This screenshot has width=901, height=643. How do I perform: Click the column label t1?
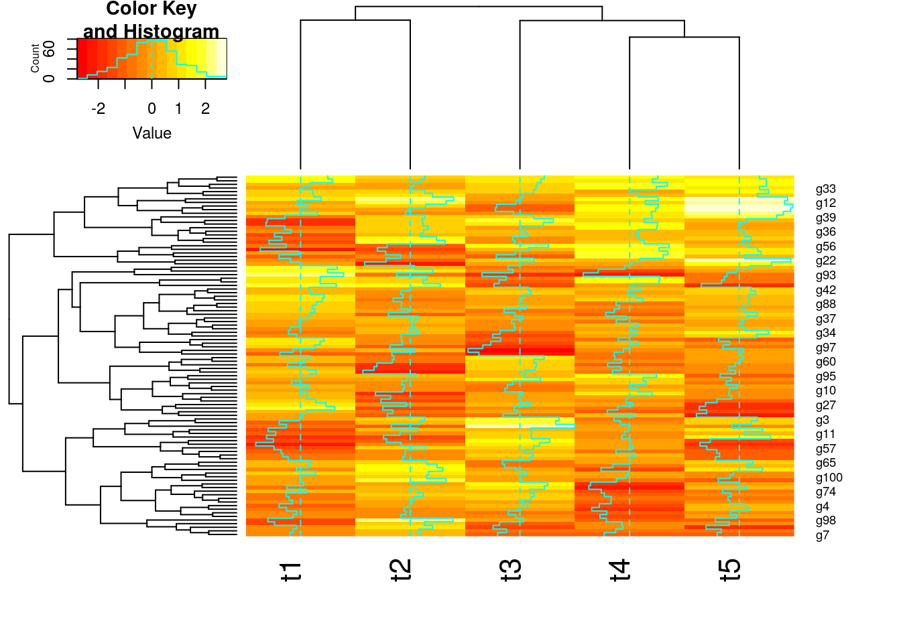[291, 571]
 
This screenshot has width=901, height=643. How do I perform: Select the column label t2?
[401, 571]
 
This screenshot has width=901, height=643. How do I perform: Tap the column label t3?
[511, 571]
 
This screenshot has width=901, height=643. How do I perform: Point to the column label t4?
[620, 571]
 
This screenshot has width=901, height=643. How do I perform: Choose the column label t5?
[730, 571]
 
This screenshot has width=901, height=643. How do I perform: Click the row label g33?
[825, 190]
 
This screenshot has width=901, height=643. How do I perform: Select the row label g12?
[825, 204]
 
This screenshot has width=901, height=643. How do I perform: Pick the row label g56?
[825, 247]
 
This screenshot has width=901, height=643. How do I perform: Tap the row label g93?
[825, 276]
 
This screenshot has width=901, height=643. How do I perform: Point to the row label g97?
[825, 348]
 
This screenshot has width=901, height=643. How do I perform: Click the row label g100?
[829, 478]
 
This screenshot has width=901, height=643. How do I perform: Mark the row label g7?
[823, 536]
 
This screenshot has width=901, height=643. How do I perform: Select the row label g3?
[823, 421]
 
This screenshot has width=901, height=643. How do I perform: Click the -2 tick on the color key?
[98, 109]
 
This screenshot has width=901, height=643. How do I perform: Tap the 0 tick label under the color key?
[152, 109]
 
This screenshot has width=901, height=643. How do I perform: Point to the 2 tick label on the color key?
[205, 109]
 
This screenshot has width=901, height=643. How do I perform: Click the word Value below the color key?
[152, 133]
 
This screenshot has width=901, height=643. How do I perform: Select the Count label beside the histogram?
[35, 58]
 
